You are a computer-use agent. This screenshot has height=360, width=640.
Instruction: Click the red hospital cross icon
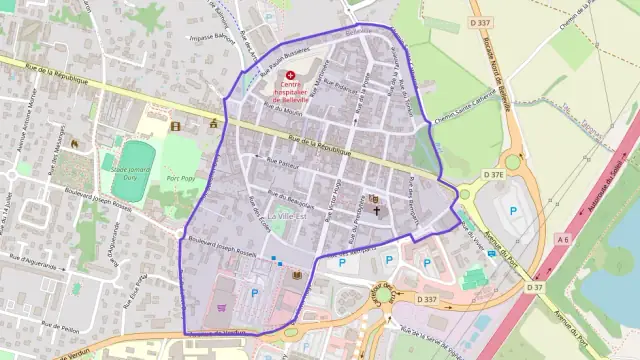[291, 75]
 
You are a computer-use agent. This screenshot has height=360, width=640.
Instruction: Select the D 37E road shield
[495, 175]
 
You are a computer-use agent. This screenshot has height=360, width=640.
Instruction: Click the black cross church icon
[377, 209]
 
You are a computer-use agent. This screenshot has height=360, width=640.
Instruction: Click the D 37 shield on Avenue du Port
[536, 287]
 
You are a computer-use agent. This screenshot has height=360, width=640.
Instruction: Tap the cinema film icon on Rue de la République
[176, 126]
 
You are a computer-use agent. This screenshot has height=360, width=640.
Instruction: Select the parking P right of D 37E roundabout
[514, 210]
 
